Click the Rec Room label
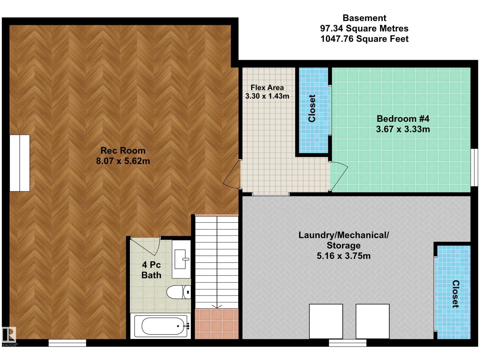123,150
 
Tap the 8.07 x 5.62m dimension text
123,161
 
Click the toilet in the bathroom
178,292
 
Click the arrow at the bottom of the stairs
217,306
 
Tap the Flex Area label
267,88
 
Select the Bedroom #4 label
403,118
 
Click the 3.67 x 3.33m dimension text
403,129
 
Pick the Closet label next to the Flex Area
312,108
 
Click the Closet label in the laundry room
455,294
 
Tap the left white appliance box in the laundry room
326,321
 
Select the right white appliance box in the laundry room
373,321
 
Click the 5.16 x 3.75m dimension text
343,256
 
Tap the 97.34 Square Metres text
364,28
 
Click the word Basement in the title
364,18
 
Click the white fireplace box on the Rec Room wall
20,163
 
